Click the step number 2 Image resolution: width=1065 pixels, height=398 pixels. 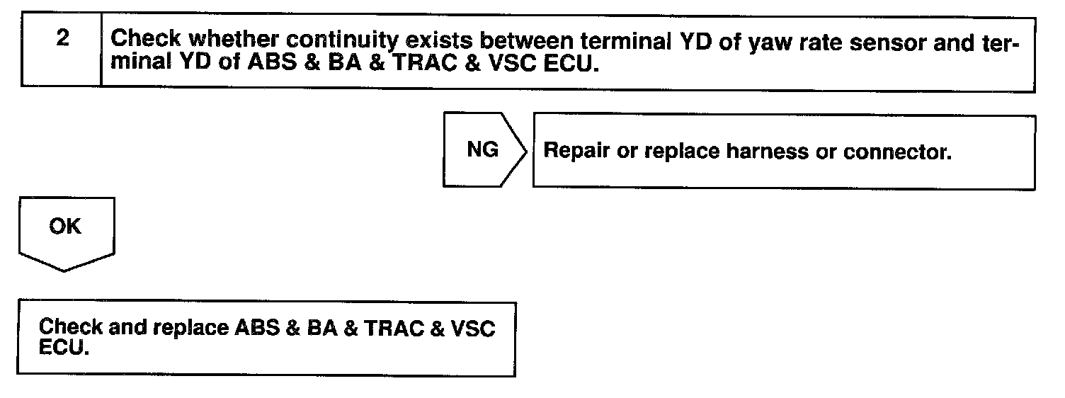click(63, 39)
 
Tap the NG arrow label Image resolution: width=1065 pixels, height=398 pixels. click(482, 150)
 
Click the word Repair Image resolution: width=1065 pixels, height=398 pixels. click(574, 152)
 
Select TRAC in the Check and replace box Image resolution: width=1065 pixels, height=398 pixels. click(388, 329)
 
